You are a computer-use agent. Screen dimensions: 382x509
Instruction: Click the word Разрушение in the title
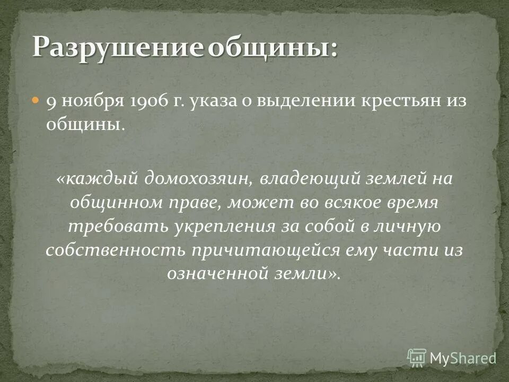tap(118, 48)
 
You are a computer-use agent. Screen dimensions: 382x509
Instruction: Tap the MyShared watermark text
tap(463, 358)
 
